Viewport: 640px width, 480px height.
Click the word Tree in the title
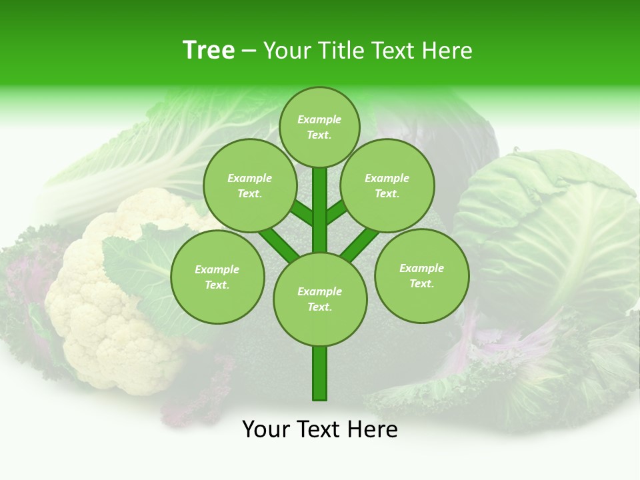click(209, 51)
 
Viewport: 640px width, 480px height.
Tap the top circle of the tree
click(319, 127)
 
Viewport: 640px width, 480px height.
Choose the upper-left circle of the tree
click(250, 185)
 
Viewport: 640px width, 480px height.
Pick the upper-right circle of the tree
click(387, 185)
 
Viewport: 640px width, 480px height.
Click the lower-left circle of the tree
click(217, 277)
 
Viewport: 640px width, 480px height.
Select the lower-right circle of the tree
click(422, 275)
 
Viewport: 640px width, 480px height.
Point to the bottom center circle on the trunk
click(320, 299)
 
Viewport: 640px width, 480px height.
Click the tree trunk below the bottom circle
click(320, 373)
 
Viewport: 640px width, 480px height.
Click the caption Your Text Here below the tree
click(320, 429)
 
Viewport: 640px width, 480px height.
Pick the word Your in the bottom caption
click(266, 429)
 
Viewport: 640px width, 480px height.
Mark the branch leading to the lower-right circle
click(360, 243)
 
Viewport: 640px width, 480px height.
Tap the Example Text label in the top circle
click(319, 127)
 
